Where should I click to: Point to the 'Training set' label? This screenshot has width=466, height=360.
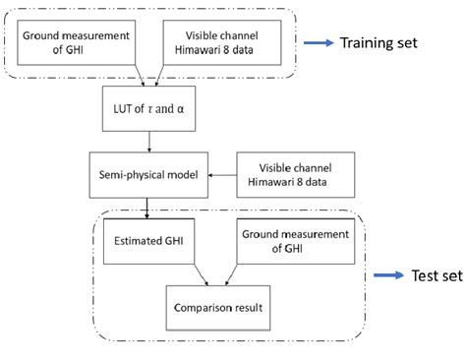pyautogui.click(x=379, y=43)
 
